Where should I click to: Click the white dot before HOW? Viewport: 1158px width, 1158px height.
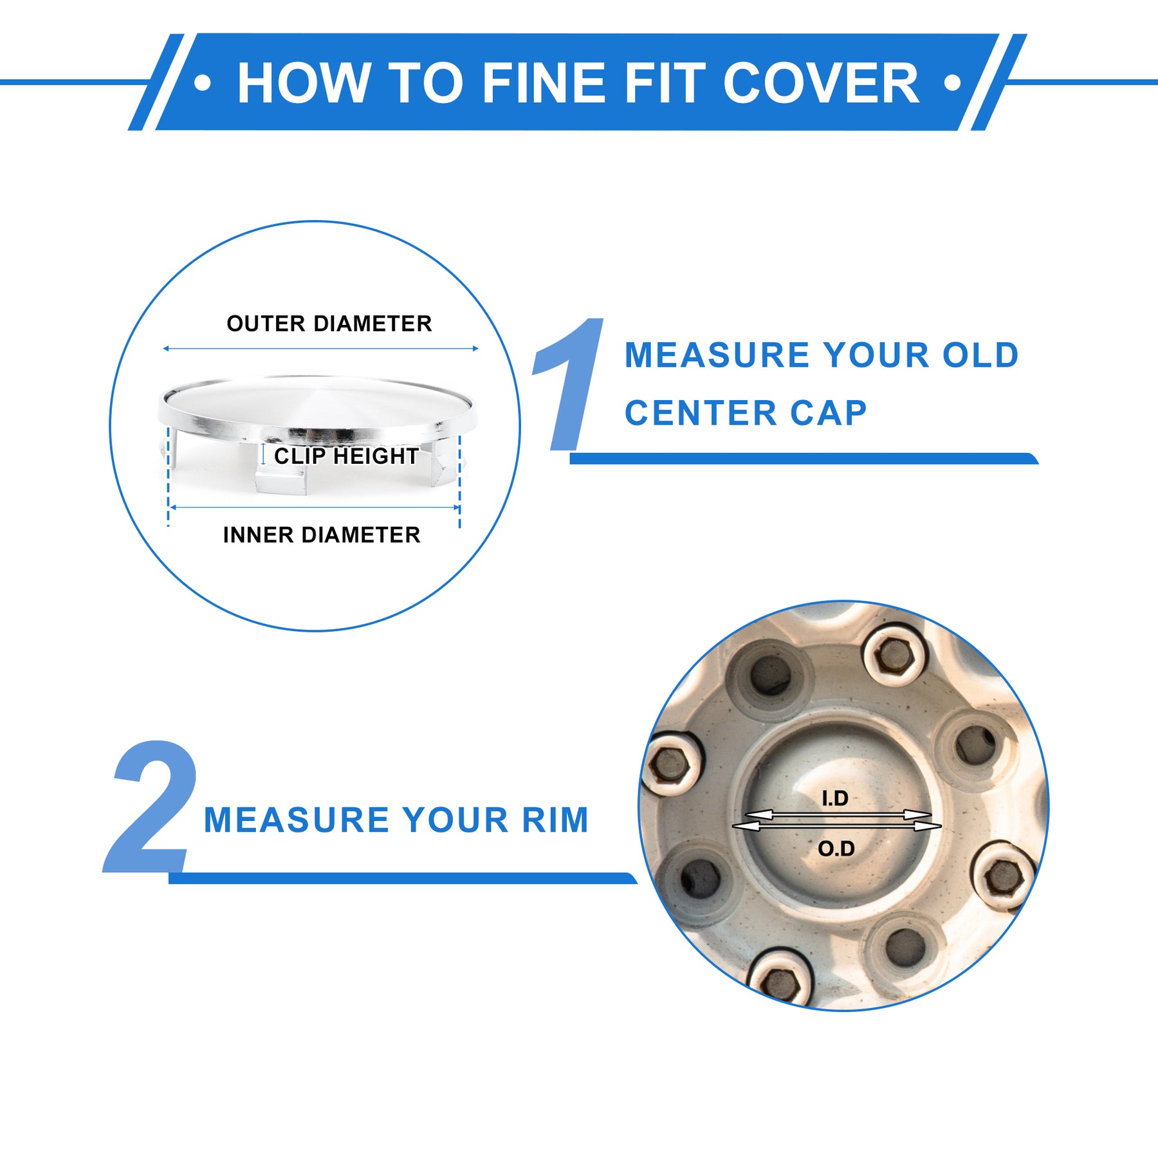203,83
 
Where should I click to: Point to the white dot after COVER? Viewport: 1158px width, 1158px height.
952,83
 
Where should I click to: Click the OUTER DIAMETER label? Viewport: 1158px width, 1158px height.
329,324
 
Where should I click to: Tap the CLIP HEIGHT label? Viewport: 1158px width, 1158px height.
346,456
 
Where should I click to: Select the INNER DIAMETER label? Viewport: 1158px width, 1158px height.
322,535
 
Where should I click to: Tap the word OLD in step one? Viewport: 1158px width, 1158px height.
980,355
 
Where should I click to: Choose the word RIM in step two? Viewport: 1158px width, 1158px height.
555,820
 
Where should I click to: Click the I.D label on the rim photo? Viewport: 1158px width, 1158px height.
835,798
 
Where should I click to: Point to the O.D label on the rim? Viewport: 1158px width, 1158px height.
836,849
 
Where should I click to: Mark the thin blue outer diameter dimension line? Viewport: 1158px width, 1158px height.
320,349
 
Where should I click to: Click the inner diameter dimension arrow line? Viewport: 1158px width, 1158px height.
315,508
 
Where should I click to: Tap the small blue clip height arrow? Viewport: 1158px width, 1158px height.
263,454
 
